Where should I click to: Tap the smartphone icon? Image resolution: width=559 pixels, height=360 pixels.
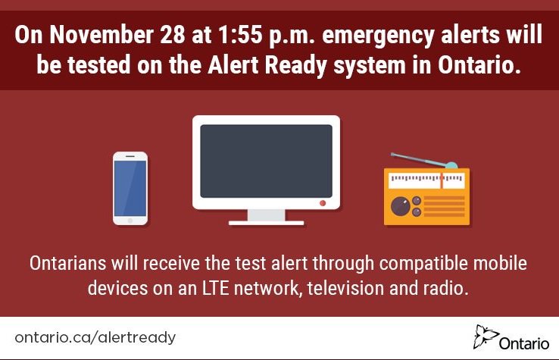[x=130, y=188]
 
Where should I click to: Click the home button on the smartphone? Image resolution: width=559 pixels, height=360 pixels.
[x=130, y=221]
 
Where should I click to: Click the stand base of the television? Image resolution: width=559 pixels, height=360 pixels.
[x=266, y=222]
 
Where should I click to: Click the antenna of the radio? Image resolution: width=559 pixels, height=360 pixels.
[x=424, y=161]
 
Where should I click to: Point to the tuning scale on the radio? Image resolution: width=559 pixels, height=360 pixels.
[x=426, y=180]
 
